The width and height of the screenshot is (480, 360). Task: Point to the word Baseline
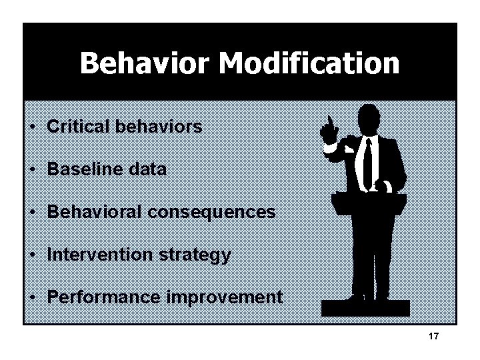click(86, 169)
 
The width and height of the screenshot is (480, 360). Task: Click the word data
click(149, 169)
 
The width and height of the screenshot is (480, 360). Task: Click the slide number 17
click(434, 337)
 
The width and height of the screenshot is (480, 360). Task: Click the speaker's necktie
click(368, 163)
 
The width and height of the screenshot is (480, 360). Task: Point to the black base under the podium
click(365, 308)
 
